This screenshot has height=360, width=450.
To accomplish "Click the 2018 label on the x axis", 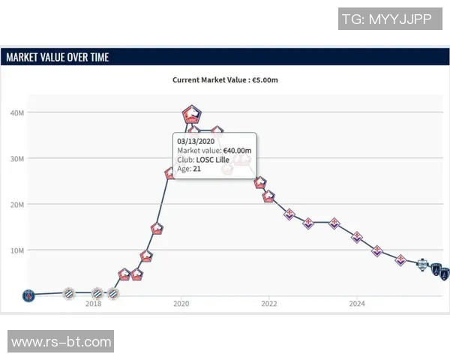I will click(x=93, y=304).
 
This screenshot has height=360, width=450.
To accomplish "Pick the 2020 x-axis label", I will click(x=181, y=304).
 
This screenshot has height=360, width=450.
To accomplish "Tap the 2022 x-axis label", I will click(x=269, y=304).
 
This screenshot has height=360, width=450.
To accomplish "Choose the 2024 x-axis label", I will click(x=357, y=304).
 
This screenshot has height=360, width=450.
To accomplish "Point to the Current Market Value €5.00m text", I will click(x=225, y=79).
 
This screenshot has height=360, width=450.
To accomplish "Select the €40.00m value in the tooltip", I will click(x=237, y=150).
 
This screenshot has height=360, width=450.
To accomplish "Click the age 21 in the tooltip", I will click(x=197, y=169).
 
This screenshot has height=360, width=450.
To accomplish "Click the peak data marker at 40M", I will click(x=192, y=114).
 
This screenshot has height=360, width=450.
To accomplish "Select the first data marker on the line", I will click(x=28, y=295).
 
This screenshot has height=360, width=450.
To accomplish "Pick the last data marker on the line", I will click(x=444, y=274).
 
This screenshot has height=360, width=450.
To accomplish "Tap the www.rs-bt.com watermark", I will click(x=61, y=342).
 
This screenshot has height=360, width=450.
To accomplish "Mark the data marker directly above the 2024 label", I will click(x=357, y=237).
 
